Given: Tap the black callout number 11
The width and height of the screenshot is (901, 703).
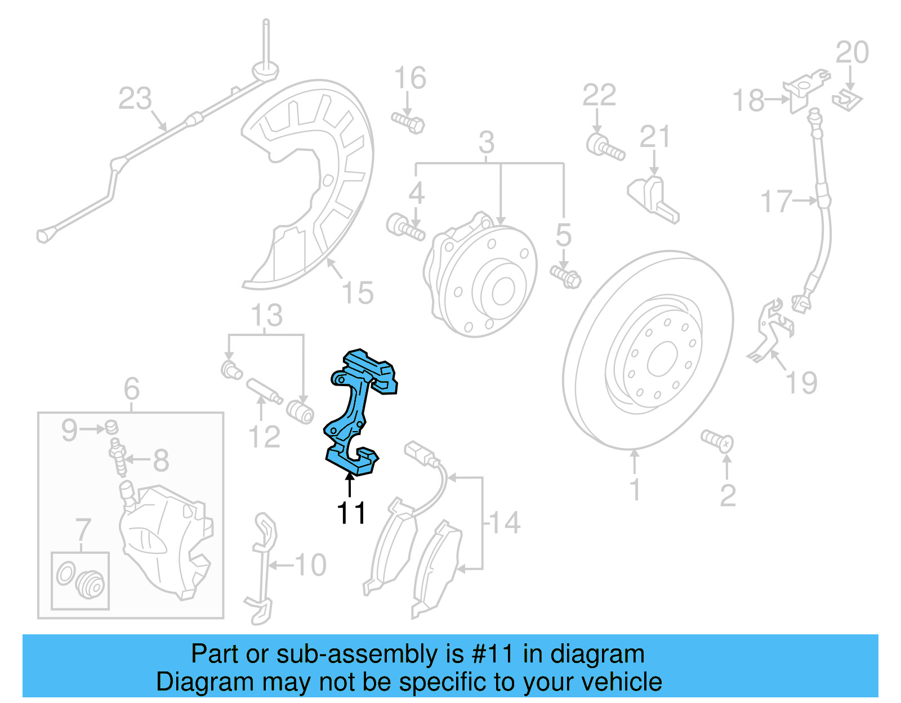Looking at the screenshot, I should click(351, 513).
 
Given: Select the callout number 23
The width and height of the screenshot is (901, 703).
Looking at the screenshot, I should click(135, 98).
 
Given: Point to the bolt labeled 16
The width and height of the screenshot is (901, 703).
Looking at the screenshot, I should click(408, 122).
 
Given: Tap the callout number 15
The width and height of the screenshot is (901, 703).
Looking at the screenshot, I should click(358, 293).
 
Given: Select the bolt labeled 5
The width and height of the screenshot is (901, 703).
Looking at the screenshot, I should click(566, 276).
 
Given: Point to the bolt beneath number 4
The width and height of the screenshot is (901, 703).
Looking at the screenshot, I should click(405, 227).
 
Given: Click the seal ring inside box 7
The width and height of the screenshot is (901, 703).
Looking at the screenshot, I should click(65, 574).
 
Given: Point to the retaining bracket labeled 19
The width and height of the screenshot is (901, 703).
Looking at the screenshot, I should click(769, 332).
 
